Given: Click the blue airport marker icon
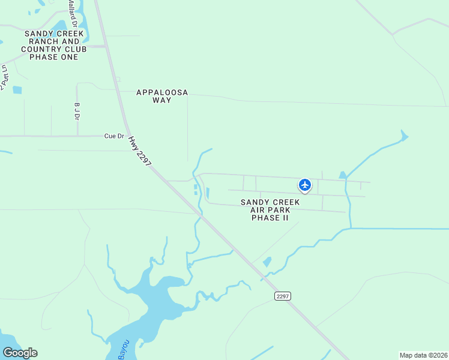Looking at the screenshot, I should pos(305,185).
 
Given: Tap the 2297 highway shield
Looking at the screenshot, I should pos(283,296).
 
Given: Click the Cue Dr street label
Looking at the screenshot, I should pos(113,136).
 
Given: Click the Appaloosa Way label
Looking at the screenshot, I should pos(162,96).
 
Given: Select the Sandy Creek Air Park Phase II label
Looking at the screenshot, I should pos(270,210).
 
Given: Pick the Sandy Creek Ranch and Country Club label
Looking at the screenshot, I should pos(54,45).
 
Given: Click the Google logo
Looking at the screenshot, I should pos(20,353).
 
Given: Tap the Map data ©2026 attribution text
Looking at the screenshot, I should pos(423,355).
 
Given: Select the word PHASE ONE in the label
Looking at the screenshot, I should pos(54,57).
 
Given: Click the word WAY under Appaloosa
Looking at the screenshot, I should pos(162,100).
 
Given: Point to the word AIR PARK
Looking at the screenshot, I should pos(270,210).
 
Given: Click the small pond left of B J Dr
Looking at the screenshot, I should pos(17,90).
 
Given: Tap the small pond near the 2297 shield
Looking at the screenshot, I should pos(267,262).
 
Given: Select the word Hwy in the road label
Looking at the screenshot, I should pos(133,143).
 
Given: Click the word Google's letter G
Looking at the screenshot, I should pos(7,353).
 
